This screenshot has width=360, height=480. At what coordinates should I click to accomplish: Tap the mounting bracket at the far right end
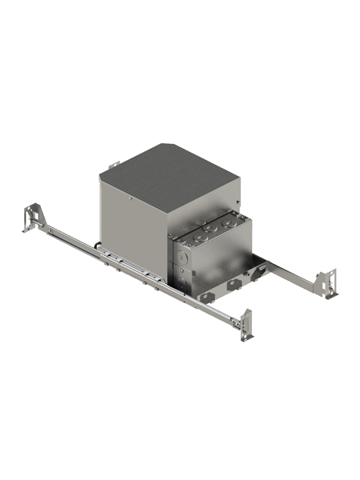327,280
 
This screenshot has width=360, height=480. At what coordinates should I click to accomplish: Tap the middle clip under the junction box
233,283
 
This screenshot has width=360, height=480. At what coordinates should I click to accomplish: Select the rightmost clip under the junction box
258,274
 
